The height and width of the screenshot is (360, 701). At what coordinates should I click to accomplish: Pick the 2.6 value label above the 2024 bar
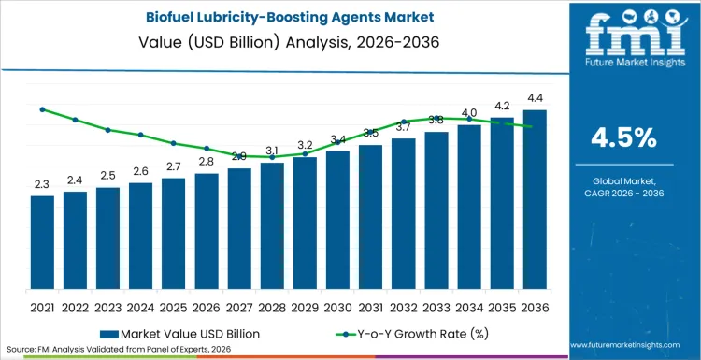(140, 171)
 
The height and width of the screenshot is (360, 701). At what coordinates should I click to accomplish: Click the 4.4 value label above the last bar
(535, 98)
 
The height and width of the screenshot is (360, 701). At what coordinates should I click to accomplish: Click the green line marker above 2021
(42, 109)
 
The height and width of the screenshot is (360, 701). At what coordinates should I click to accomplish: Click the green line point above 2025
(173, 143)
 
